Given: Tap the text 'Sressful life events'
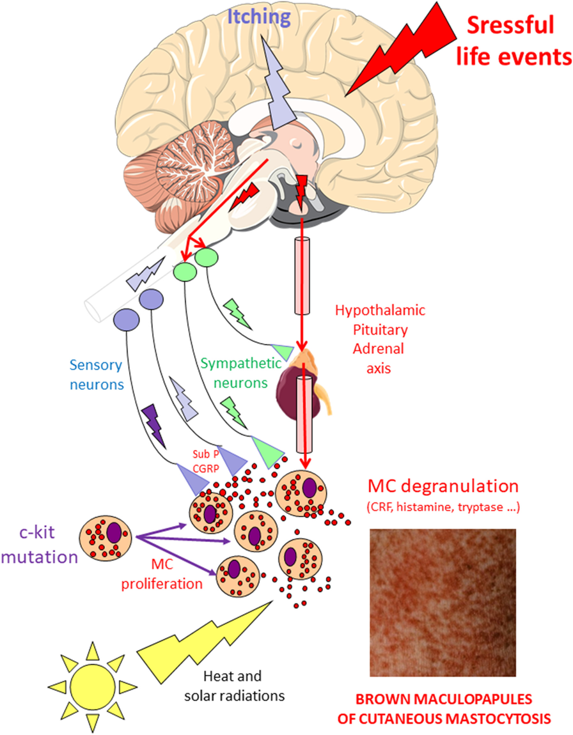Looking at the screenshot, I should click(x=517, y=41).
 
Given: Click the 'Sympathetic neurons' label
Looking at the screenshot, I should click(x=240, y=374).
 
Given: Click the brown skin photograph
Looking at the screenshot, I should click(x=443, y=602).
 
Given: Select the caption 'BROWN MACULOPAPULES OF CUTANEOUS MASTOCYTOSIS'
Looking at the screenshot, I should click(x=443, y=708).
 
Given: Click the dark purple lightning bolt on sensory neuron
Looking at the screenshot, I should click(x=153, y=424).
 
